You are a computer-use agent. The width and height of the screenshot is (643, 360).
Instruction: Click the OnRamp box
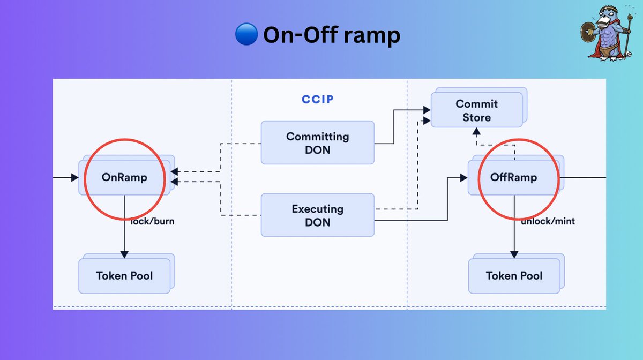[124, 177]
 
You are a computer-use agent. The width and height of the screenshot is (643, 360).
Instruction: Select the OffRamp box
[513, 177]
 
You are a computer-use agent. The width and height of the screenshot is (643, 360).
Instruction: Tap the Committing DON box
[317, 142]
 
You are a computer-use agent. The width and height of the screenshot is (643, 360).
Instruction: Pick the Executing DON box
[317, 215]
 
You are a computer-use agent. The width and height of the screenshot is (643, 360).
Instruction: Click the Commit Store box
[476, 110]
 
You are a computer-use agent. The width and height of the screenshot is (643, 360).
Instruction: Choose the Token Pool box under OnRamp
[124, 275]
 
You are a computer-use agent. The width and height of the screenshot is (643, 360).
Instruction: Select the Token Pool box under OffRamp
[514, 275]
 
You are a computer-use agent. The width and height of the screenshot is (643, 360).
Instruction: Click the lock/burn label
[153, 221]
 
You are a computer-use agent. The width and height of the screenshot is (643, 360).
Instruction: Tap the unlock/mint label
[548, 221]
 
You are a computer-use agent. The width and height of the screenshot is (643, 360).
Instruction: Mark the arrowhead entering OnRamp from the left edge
[75, 177]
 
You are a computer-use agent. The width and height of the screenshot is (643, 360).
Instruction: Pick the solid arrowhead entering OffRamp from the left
[463, 177]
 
